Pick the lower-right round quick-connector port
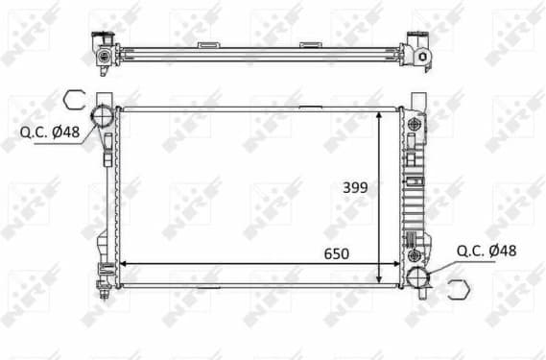click(x=419, y=277)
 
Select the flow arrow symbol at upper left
click(x=75, y=99)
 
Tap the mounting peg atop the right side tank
click(x=419, y=99)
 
